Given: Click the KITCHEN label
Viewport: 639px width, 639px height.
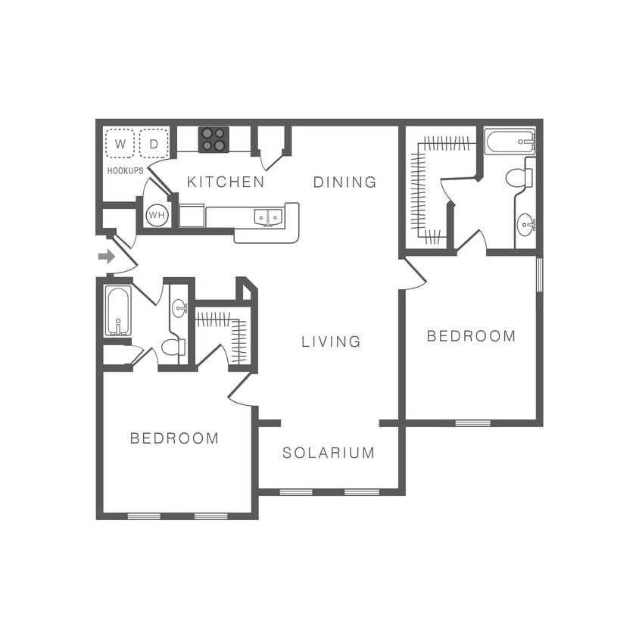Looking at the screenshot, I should (226, 182).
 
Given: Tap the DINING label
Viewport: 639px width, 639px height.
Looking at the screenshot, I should (344, 182).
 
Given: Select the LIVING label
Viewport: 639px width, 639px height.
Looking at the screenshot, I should (331, 341).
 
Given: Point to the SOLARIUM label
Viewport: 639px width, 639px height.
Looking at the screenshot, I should (329, 453).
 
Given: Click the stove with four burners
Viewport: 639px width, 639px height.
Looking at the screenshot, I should (214, 139).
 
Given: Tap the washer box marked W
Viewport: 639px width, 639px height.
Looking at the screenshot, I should (120, 143).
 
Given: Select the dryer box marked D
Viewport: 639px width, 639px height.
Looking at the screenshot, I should (154, 143).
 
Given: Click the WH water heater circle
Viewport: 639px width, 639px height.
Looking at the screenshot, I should (157, 216).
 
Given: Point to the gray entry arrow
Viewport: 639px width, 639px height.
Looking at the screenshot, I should (107, 256).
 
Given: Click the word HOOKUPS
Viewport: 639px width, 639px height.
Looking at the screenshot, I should (125, 171).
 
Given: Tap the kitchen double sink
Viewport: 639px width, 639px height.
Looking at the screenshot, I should (267, 217).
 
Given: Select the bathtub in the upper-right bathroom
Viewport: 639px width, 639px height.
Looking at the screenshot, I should (510, 142).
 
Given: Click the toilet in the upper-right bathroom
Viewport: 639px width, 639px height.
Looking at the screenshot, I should (519, 178).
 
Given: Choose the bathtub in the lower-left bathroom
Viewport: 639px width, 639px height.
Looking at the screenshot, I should (118, 310).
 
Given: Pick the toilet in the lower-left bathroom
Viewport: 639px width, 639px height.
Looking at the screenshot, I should (173, 348).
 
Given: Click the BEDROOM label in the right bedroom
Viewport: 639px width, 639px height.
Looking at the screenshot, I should (471, 336).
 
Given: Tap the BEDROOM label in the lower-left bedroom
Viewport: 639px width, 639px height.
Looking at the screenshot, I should (174, 438).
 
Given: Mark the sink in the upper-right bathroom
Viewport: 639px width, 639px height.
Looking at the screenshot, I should (525, 225).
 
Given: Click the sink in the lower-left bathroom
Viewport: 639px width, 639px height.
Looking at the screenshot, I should (179, 307).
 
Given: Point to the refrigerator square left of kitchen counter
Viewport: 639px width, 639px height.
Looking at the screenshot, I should (191, 216).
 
